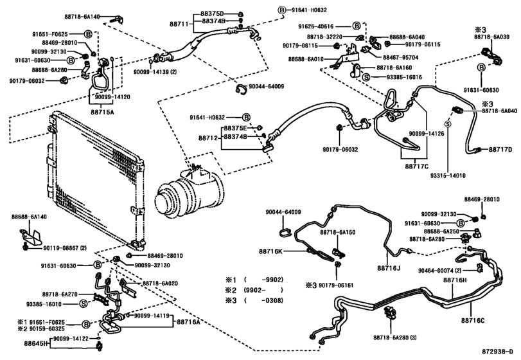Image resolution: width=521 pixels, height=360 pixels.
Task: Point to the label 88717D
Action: [x=499, y=150]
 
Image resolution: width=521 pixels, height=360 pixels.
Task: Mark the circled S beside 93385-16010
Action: [x=83, y=303]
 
